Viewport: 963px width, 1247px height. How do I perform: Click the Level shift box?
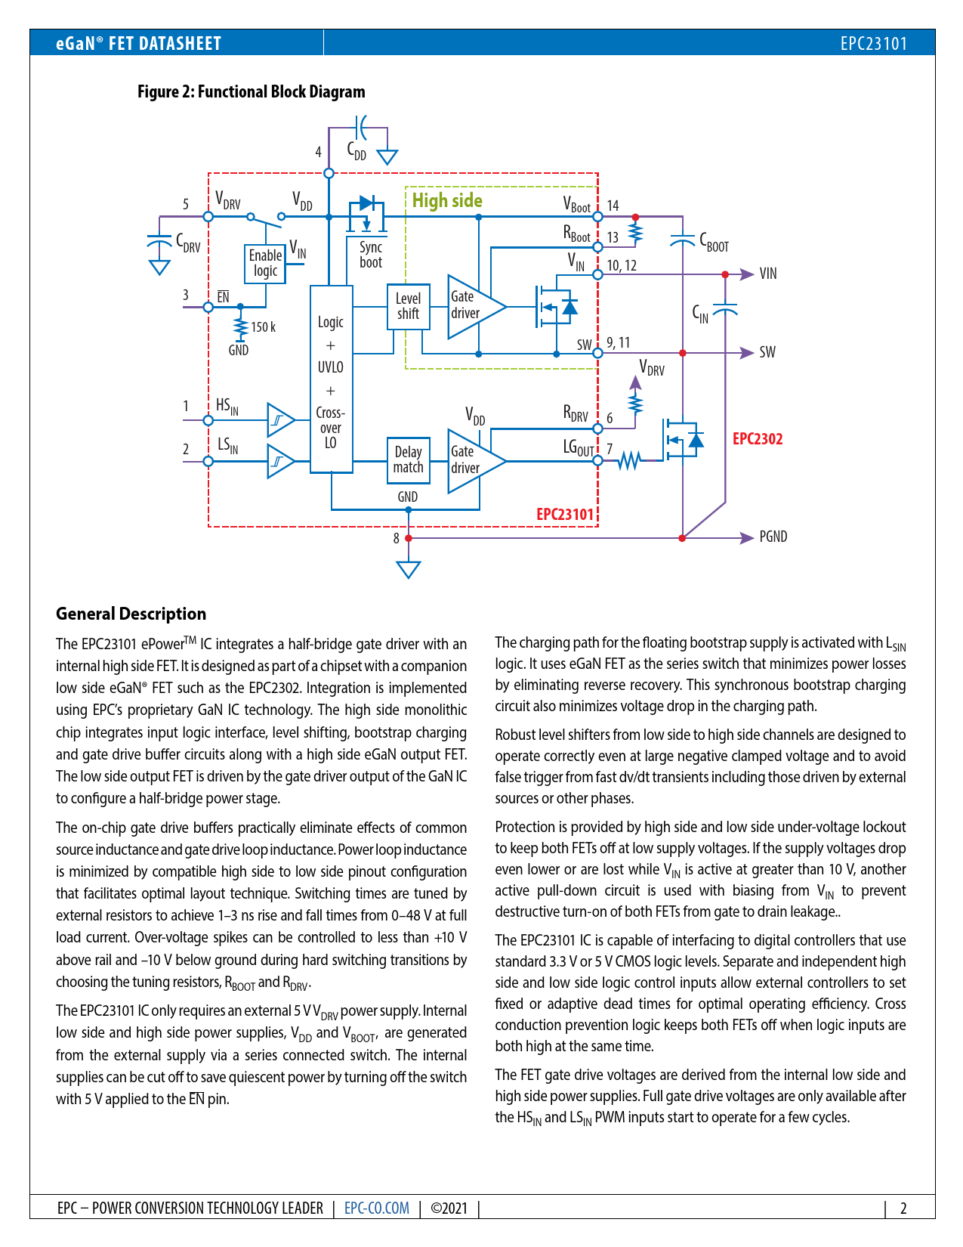tap(408, 307)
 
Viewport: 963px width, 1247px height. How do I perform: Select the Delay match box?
tap(408, 460)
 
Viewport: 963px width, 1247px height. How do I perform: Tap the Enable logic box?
tap(265, 264)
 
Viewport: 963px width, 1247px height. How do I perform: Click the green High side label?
tap(447, 201)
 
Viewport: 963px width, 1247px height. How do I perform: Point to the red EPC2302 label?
tap(758, 439)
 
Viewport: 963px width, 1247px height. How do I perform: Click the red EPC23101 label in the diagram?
tap(565, 515)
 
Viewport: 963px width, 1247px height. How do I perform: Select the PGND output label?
tap(773, 537)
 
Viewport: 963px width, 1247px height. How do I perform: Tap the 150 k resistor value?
tap(263, 327)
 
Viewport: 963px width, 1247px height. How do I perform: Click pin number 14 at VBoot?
tap(613, 206)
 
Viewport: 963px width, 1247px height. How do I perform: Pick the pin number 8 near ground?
tap(396, 538)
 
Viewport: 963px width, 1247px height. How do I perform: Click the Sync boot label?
tap(371, 255)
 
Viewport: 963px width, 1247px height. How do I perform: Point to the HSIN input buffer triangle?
tap(279, 420)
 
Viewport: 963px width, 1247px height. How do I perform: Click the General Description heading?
tap(131, 614)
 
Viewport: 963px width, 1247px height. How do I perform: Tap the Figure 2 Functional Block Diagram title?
tap(251, 92)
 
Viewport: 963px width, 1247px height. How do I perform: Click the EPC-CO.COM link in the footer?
tap(376, 1208)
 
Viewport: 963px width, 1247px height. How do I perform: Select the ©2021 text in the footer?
tap(449, 1208)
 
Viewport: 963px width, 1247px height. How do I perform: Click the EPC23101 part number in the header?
tap(873, 43)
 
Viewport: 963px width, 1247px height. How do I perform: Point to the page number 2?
tap(903, 1208)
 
